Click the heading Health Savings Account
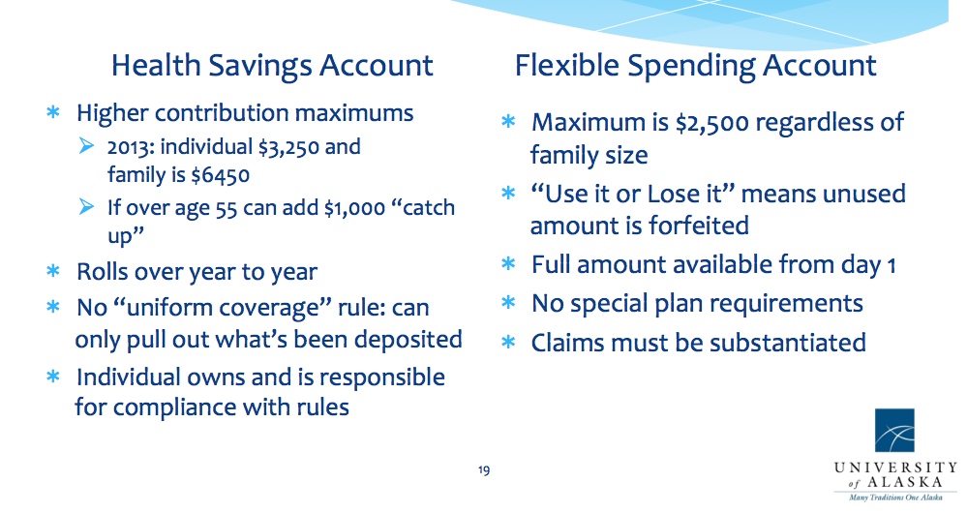tap(272, 66)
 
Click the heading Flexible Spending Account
tap(695, 67)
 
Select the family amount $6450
tap(220, 176)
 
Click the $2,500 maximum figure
tap(712, 123)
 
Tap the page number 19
tap(484, 470)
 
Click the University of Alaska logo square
tap(894, 431)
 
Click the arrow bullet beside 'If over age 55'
tap(86, 206)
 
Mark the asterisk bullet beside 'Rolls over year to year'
tap(53, 271)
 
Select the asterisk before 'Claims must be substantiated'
tap(508, 343)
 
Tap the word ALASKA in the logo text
tap(905, 482)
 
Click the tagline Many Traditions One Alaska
tap(895, 498)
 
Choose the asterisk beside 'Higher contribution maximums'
tap(53, 112)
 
